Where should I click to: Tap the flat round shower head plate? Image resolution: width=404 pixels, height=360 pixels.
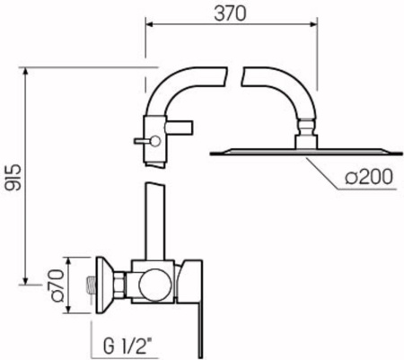306,153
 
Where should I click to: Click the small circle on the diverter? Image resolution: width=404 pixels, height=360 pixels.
156,140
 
